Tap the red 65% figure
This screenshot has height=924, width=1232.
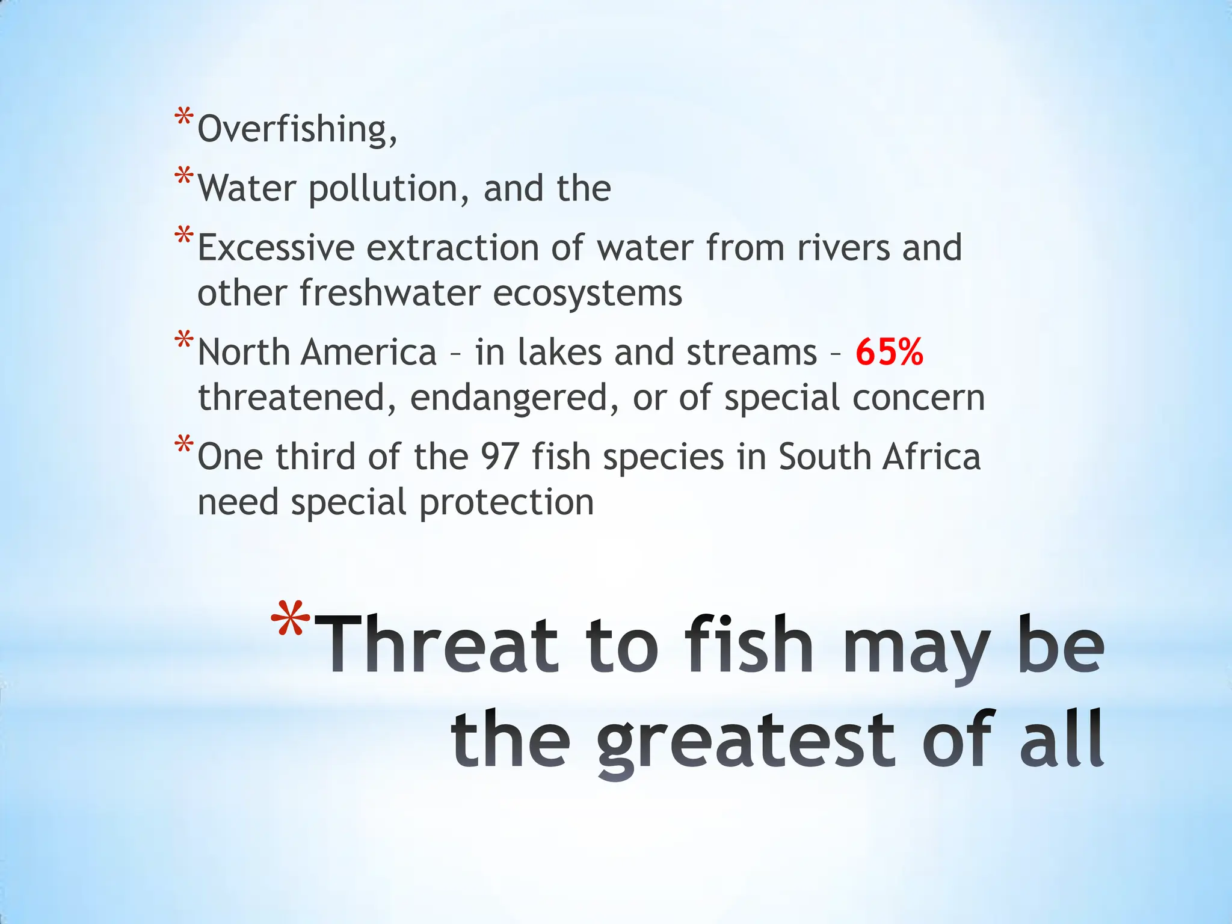(x=889, y=353)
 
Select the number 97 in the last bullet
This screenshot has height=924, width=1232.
(x=499, y=457)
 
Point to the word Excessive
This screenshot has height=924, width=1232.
(x=276, y=248)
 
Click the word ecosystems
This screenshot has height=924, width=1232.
(x=587, y=294)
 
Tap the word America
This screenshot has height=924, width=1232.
(x=368, y=353)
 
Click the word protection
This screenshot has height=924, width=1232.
(x=507, y=503)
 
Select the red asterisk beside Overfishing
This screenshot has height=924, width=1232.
(x=183, y=117)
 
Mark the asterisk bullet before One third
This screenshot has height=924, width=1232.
(x=183, y=445)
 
